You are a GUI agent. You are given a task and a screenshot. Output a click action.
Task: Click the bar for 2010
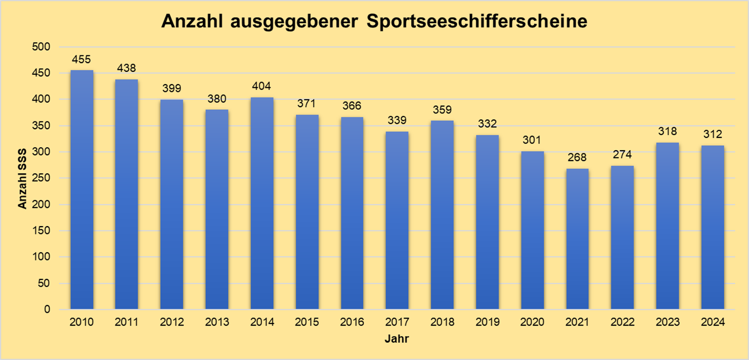[82, 190]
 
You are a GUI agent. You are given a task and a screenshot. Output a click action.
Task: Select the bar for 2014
[262, 204]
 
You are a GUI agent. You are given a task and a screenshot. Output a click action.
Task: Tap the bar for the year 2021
[577, 239]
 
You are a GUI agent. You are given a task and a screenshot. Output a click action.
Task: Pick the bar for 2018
[442, 215]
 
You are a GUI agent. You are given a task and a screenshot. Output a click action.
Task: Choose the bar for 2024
[713, 227]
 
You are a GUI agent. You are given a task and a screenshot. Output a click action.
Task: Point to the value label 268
[577, 157]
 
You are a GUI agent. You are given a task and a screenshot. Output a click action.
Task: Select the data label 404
[262, 86]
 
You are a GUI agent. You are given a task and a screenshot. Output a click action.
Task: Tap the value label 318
[667, 131]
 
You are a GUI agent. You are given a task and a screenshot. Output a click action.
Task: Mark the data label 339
[397, 121]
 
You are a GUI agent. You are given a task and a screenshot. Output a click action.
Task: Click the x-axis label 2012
[172, 323]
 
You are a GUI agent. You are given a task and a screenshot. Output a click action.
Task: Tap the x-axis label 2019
[487, 323]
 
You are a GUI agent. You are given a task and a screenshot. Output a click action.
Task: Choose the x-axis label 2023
[667, 323]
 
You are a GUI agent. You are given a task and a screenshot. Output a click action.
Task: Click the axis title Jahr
[397, 339]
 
